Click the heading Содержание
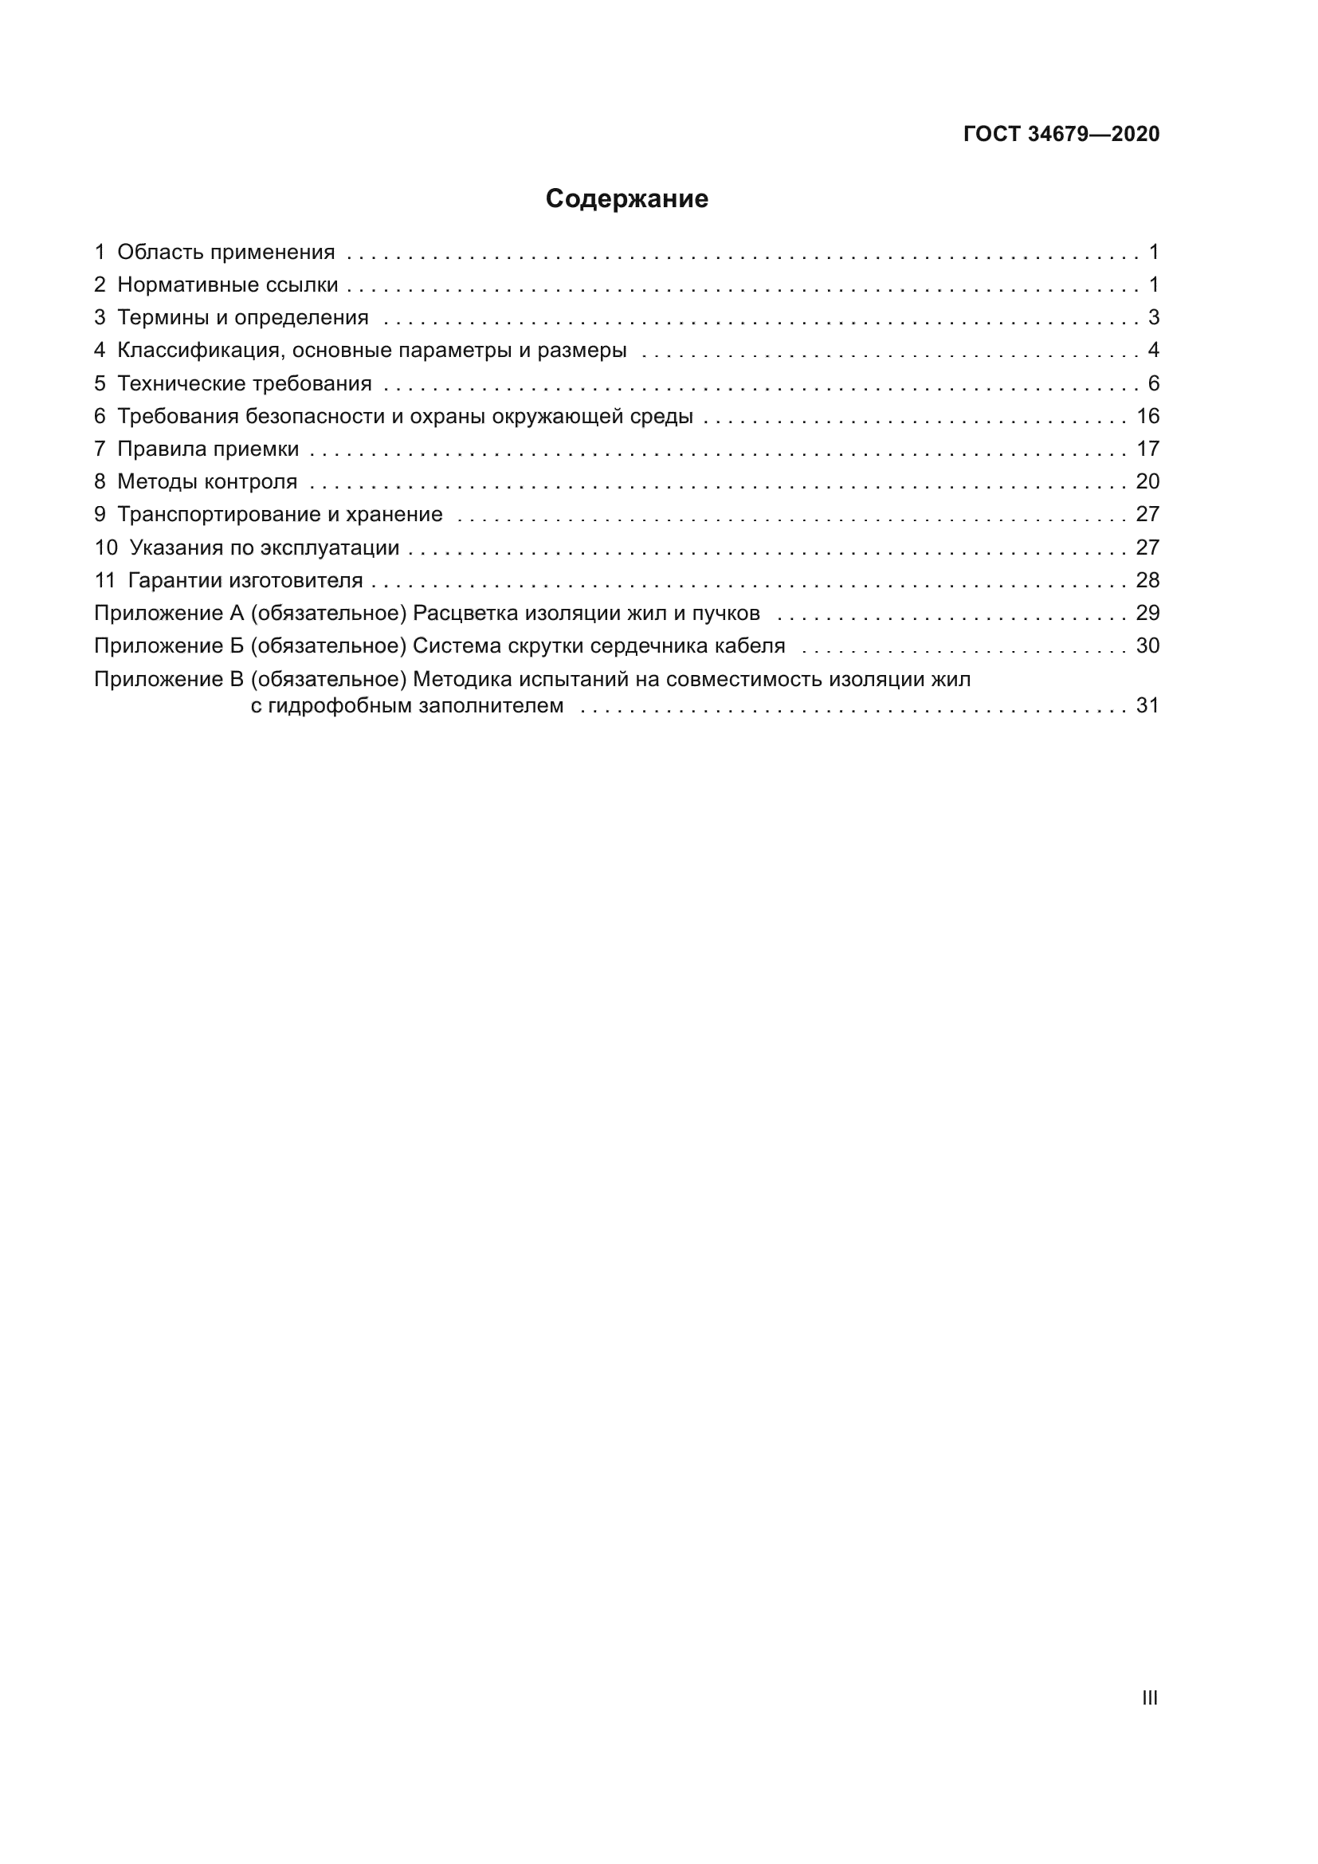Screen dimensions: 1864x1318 click(626, 199)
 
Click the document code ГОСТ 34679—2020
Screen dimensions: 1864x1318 click(1061, 134)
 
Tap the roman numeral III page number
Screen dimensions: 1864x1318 click(1149, 1697)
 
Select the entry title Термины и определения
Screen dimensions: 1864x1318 click(243, 317)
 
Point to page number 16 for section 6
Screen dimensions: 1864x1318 click(1147, 417)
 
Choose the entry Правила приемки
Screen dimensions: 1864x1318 click(208, 449)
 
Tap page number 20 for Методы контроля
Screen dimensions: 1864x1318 click(1147, 481)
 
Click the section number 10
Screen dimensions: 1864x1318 click(105, 548)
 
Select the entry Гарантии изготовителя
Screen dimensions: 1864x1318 click(245, 580)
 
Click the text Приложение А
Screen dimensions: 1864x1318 click(169, 613)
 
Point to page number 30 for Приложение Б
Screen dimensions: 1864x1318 click(1147, 646)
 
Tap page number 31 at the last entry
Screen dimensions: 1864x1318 click(1147, 705)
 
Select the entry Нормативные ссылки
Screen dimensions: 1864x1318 click(227, 285)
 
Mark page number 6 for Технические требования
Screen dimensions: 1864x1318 click(1153, 383)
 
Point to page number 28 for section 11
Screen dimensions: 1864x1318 click(1147, 580)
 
